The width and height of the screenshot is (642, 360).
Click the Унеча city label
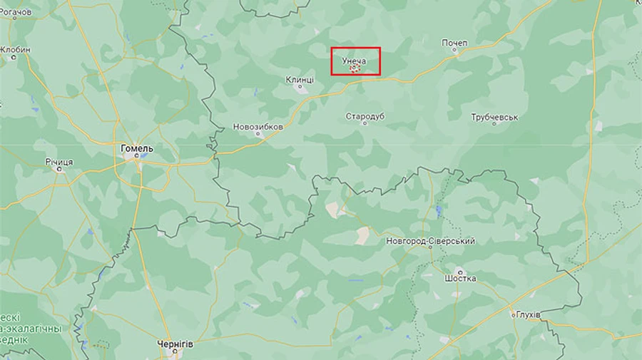tap(354, 61)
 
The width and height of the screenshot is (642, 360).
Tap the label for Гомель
tap(137, 148)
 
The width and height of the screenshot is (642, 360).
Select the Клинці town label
tap(300, 80)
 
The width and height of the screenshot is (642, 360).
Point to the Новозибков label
tap(258, 127)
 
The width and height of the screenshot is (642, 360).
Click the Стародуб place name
tap(365, 115)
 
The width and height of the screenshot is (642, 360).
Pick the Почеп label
tap(454, 43)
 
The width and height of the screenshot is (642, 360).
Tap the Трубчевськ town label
tap(494, 117)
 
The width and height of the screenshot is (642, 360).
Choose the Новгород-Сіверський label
tap(430, 241)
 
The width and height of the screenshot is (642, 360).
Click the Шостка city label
tap(460, 278)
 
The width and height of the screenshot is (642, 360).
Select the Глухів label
tap(528, 314)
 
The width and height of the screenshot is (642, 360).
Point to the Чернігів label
tap(175, 344)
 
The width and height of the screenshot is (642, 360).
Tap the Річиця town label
tap(59, 163)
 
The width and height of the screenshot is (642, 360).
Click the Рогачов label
tap(16, 12)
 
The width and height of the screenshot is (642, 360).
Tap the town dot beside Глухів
tap(513, 314)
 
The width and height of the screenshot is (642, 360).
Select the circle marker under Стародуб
tap(365, 123)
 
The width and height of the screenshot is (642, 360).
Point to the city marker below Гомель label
tap(136, 157)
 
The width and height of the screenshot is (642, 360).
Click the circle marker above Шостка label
tap(460, 271)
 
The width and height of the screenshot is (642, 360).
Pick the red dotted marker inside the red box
tap(355, 68)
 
